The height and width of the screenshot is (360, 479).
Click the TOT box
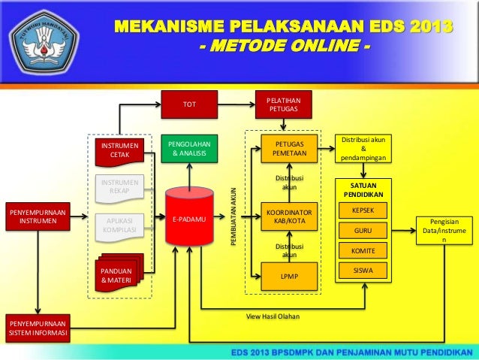tap(190, 104)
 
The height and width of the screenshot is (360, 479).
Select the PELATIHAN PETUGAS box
tap(284, 104)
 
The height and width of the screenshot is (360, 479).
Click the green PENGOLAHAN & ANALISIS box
tap(190, 148)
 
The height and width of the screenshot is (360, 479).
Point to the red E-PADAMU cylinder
tap(190, 218)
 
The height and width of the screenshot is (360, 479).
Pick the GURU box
tap(363, 230)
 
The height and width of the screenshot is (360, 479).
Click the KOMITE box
tap(363, 250)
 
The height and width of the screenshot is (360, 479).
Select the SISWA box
tap(363, 270)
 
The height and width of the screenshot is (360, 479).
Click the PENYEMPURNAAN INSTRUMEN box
tap(37, 218)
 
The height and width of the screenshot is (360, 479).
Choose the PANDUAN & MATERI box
tap(116, 276)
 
